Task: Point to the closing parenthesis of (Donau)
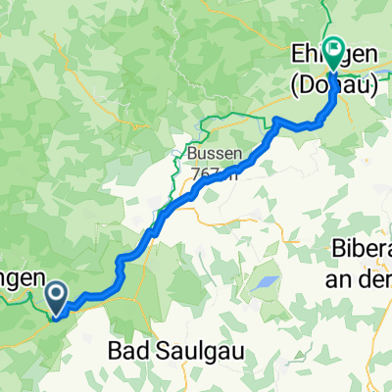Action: [x=376, y=85]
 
